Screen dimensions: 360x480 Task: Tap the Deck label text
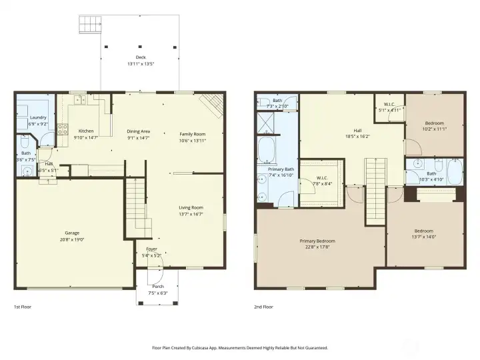tap(140, 58)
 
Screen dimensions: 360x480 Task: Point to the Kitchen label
tap(86, 131)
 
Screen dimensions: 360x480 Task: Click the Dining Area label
tap(139, 131)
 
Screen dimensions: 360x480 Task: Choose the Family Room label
tap(191, 134)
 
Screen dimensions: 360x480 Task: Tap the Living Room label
tap(191, 207)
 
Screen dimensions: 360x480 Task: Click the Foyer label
tap(151, 249)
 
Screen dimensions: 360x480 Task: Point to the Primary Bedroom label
tap(317, 241)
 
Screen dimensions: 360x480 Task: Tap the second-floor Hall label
tap(357, 130)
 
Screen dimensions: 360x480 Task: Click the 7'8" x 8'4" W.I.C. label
tap(321, 179)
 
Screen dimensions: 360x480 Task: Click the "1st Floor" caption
tap(23, 307)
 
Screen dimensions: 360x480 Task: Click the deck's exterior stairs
tap(90, 25)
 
